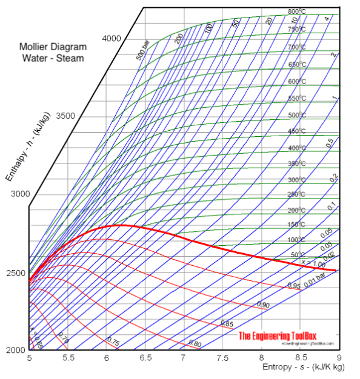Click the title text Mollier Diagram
[53, 47]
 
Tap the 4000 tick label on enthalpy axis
[111, 38]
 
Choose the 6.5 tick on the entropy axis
[145, 358]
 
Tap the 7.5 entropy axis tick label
[222, 358]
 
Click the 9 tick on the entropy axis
[338, 358]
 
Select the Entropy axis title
[302, 367]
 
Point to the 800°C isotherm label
[296, 12]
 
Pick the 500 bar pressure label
[143, 53]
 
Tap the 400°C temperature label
[296, 148]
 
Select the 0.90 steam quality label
[263, 305]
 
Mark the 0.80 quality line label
[195, 344]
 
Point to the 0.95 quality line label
[293, 286]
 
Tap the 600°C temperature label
[296, 81]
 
